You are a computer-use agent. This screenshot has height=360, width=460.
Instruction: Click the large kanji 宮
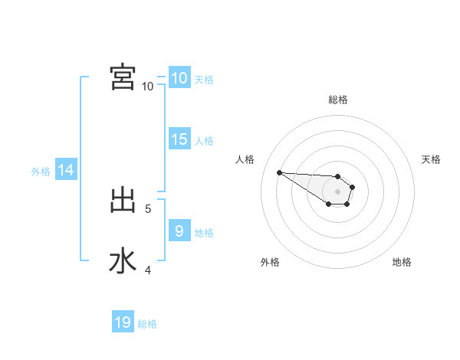point(123,77)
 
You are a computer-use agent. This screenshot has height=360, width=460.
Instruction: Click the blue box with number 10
point(179,78)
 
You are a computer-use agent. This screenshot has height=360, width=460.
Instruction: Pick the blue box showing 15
point(179,139)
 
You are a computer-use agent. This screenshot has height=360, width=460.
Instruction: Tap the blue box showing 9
point(179,231)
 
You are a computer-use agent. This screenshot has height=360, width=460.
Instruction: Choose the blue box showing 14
point(66,171)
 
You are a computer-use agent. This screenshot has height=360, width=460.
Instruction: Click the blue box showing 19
point(123,322)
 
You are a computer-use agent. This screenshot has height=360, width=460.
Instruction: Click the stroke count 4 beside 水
point(148,270)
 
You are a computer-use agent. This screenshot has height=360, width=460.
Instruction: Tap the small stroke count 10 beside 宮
point(148,86)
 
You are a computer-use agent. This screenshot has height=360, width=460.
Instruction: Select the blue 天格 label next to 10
point(204,79)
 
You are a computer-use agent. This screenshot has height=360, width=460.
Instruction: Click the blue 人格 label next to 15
point(204,141)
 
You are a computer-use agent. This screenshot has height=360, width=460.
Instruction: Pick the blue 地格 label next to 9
point(204,233)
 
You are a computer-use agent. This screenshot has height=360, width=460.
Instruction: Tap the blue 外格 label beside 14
point(41,172)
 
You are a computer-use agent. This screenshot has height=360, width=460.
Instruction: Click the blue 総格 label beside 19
point(147,324)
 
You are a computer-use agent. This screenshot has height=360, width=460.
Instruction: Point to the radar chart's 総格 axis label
point(338,100)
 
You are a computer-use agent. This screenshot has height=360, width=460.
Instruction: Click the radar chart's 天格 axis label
point(431,159)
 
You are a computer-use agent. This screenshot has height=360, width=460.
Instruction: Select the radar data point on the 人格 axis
point(279,172)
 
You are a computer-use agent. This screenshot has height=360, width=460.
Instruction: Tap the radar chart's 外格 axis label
point(270,262)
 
